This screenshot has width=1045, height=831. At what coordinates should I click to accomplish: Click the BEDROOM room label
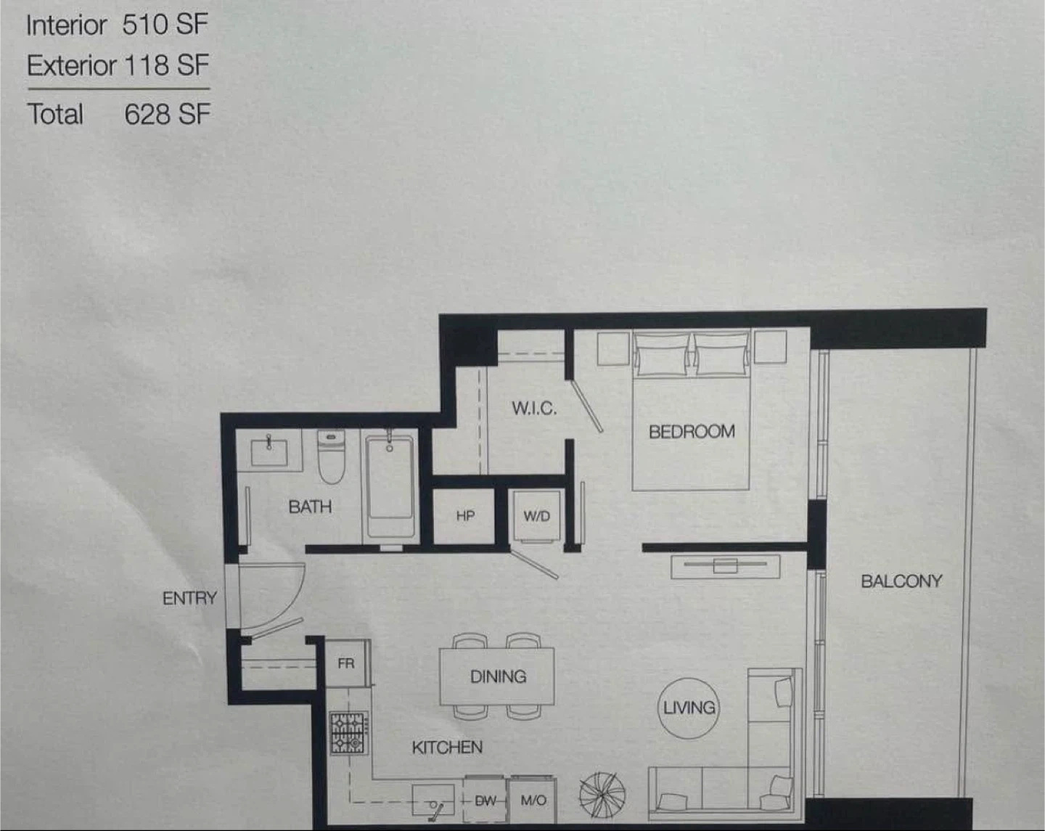point(692,431)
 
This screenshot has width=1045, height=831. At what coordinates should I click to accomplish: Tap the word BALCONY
point(901,581)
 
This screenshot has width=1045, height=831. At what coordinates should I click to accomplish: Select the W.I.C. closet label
point(534,409)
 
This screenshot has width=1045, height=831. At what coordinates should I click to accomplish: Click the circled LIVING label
point(689,708)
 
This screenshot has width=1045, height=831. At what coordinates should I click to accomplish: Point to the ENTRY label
point(189,598)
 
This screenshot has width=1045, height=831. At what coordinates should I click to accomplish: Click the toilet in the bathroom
point(331,457)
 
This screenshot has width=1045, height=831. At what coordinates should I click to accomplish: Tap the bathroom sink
point(269,451)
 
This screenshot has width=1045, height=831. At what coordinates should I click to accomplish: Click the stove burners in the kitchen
point(348,732)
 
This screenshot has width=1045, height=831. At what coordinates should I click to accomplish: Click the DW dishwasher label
point(485,801)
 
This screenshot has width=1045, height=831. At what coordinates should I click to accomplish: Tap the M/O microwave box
point(533,800)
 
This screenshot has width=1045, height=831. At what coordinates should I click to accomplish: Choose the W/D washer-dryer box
point(536,516)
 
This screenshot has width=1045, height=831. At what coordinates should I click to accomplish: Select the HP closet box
point(464,516)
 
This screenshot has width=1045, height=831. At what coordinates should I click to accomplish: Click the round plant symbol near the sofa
point(602,795)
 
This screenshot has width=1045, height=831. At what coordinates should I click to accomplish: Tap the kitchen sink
point(433,800)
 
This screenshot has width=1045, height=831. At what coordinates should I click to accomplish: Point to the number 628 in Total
point(146,114)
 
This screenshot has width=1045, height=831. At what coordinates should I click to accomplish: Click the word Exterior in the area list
point(71,65)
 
